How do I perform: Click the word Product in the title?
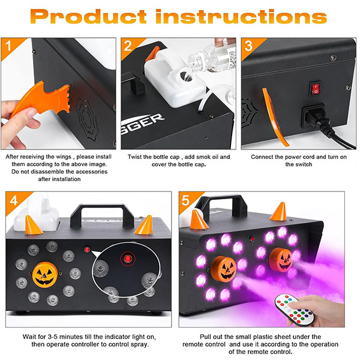88,17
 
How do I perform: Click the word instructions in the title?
241,16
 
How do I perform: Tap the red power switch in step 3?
315,89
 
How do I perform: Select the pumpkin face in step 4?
45,274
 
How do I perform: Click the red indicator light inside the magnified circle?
128,259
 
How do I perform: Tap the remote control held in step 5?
295,310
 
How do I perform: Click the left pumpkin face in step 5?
224,268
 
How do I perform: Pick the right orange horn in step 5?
279,212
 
